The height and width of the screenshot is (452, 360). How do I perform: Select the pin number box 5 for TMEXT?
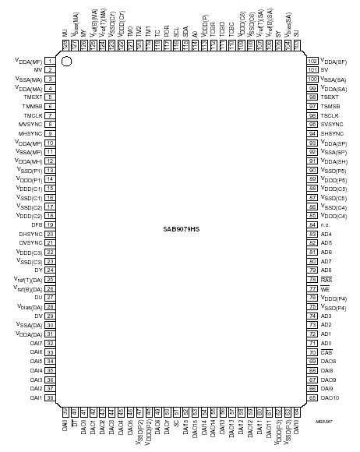pos(49,97)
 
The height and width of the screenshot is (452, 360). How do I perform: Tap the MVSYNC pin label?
pos(31,125)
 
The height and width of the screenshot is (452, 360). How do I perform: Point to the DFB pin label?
pos(37,224)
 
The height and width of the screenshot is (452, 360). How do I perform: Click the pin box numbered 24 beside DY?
pos(49,270)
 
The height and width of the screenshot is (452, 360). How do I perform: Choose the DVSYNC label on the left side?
pos(30,243)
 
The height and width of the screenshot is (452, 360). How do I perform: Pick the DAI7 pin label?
pos(35,343)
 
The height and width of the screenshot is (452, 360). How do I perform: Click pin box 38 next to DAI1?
pos(49,397)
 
